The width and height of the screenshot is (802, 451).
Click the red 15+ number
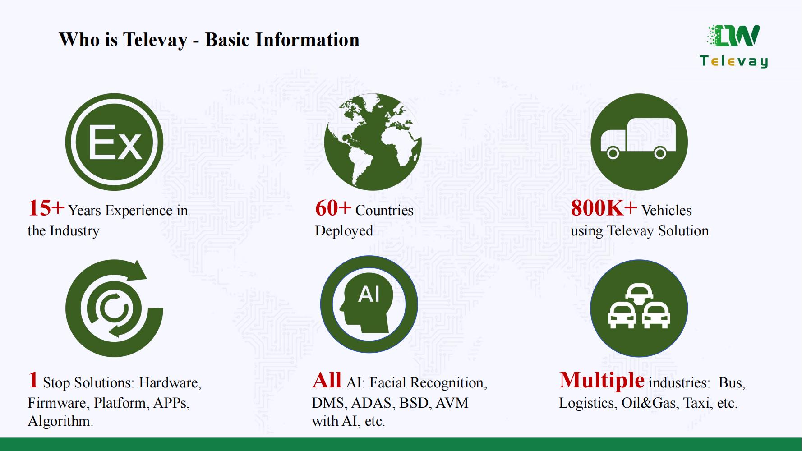click(x=46, y=208)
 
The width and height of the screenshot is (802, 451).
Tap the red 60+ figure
click(x=333, y=208)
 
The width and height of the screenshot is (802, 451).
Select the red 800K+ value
click(x=604, y=208)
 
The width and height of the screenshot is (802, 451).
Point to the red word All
click(x=327, y=380)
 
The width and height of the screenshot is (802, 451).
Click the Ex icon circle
click(x=114, y=142)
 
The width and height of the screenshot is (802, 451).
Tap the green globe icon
click(x=373, y=142)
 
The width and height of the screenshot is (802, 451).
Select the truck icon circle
click(x=639, y=142)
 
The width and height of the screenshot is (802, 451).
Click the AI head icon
click(x=369, y=304)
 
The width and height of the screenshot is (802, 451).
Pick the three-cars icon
click(x=639, y=308)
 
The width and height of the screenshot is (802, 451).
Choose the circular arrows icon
click(x=114, y=308)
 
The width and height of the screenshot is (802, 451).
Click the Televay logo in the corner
click(x=734, y=46)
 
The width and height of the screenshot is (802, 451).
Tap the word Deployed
click(x=344, y=231)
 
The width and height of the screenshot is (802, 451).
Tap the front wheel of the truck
click(x=613, y=154)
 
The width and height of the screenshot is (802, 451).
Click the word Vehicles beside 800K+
click(x=666, y=210)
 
